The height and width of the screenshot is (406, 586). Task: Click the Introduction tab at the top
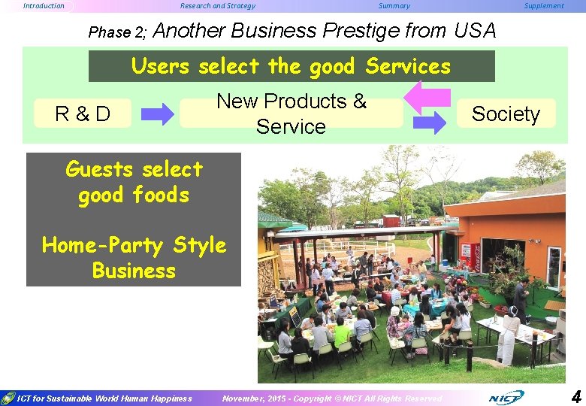tap(44, 6)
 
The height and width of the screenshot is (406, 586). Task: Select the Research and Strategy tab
tap(218, 6)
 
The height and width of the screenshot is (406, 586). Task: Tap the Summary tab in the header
tap(394, 6)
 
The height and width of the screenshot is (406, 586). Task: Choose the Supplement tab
tap(543, 6)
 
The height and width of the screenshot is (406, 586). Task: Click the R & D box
tap(83, 114)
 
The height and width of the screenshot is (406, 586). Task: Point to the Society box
tap(506, 114)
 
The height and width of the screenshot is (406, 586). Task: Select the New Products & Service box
tap(291, 114)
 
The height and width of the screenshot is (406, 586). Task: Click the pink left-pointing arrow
tap(427, 97)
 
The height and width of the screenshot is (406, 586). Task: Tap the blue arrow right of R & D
tap(158, 114)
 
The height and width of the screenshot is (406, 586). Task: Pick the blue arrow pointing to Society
tap(430, 123)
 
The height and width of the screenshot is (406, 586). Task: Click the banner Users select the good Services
tap(291, 66)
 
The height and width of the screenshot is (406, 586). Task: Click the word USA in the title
tap(475, 31)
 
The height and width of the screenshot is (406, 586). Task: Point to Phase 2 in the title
tap(119, 32)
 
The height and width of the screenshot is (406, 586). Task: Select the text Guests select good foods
tap(134, 182)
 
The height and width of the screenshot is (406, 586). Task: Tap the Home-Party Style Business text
tap(134, 258)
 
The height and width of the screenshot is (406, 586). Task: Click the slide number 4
tap(575, 395)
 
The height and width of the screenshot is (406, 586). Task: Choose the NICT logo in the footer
tap(506, 397)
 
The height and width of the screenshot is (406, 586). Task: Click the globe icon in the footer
tap(8, 398)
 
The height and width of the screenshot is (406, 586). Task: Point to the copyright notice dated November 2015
tap(332, 398)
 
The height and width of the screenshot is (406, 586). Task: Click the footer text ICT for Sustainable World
tap(104, 398)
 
